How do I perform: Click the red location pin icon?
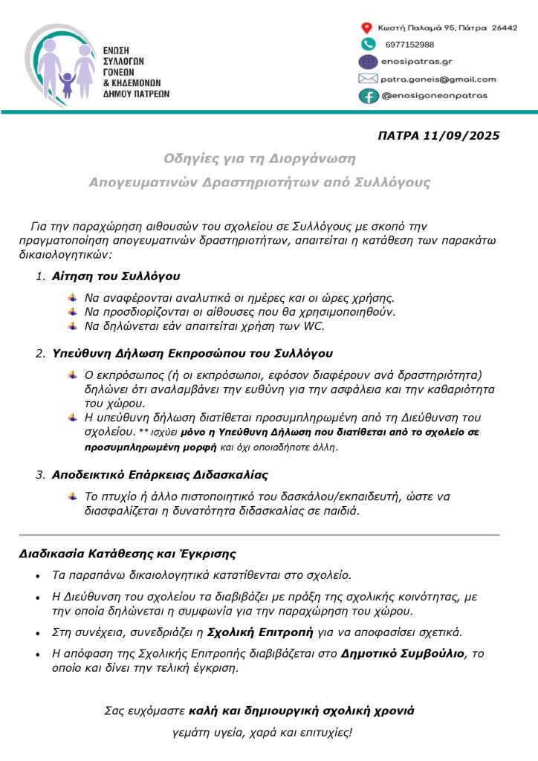pyautogui.click(x=366, y=27)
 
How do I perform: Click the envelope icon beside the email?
pyautogui.click(x=368, y=79)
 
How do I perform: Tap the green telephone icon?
pyautogui.click(x=367, y=45)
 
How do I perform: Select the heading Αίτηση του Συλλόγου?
pyautogui.click(x=116, y=276)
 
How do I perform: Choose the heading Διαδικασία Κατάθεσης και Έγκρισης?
pyautogui.click(x=127, y=554)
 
